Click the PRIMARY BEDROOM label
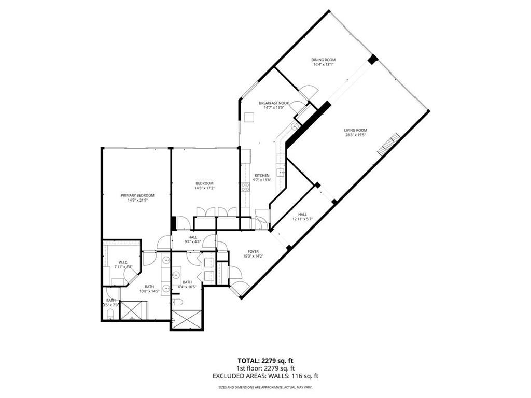pyautogui.click(x=137, y=195)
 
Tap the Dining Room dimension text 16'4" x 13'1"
pyautogui.click(x=323, y=65)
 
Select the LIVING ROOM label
pyautogui.click(x=355, y=130)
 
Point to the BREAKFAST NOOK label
pyautogui.click(x=274, y=103)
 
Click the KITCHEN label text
pyautogui.click(x=261, y=176)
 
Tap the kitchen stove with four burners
pyautogui.click(x=245, y=187)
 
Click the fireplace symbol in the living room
pyautogui.click(x=389, y=144)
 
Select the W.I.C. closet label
pyautogui.click(x=123, y=261)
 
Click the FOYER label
pyautogui.click(x=253, y=251)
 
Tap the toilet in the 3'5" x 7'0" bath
pyautogui.click(x=110, y=312)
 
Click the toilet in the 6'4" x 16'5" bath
pyautogui.click(x=178, y=302)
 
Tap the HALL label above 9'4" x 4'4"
pyautogui.click(x=193, y=237)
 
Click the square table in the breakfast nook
pyautogui.click(x=249, y=117)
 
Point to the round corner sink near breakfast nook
pyautogui.click(x=295, y=126)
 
